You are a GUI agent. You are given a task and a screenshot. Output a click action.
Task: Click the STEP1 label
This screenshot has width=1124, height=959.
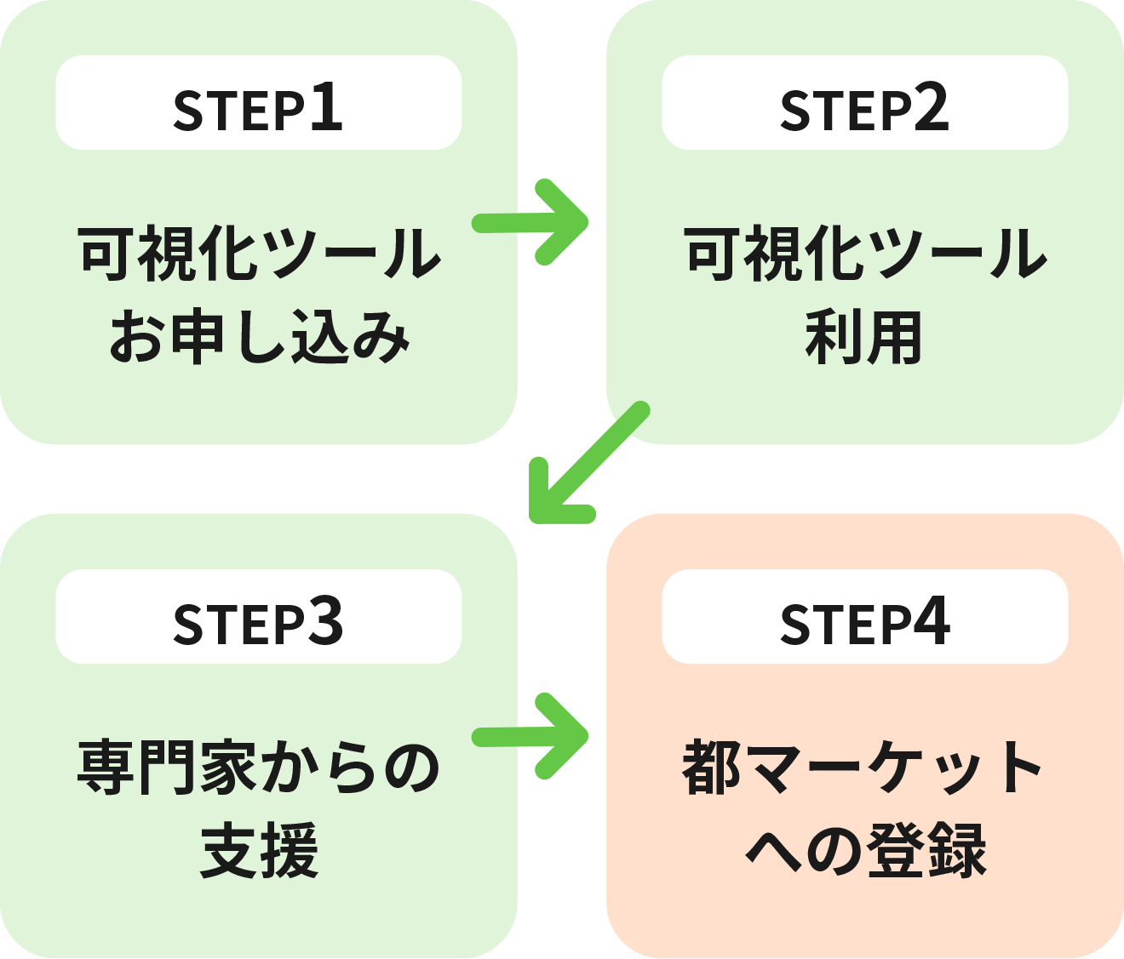point(258,110)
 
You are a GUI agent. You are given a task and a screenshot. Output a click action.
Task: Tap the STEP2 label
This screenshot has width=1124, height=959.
point(864,110)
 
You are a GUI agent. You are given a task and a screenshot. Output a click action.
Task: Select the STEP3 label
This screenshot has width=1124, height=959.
point(258,623)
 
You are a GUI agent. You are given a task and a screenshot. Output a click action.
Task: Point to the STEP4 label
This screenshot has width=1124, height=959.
point(864,623)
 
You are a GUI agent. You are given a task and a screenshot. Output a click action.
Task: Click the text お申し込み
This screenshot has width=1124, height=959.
point(259,338)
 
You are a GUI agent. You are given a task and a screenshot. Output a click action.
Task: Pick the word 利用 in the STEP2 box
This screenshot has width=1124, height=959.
point(864,338)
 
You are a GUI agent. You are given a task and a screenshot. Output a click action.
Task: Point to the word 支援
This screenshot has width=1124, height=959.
point(259,851)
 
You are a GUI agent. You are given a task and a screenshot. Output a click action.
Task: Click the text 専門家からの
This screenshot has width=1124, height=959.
point(259,768)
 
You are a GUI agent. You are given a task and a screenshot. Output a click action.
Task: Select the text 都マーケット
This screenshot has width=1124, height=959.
point(864,768)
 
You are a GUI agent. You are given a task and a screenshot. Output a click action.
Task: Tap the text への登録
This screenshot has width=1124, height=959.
point(864,851)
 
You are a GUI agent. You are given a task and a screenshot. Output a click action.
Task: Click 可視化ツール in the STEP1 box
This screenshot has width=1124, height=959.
point(259,254)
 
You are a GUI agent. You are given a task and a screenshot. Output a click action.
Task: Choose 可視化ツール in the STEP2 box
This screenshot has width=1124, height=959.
point(864,254)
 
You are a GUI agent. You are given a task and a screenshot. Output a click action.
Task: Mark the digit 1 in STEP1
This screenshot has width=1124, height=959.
point(326,108)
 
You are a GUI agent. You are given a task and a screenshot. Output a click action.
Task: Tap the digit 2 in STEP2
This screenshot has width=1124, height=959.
point(932,108)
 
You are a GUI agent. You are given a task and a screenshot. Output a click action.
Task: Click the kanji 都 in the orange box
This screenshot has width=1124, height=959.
point(712,768)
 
